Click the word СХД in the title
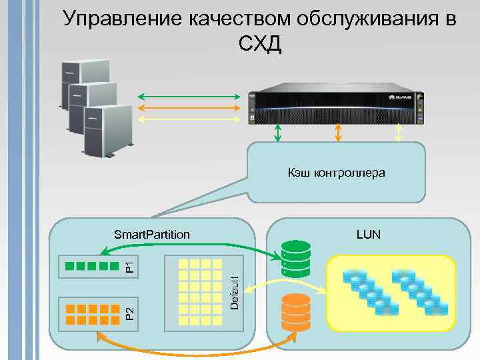click(x=259, y=45)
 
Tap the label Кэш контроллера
click(x=337, y=173)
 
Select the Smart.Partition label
click(x=152, y=235)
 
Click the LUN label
click(x=368, y=235)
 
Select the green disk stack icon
click(x=296, y=259)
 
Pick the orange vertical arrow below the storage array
click(x=338, y=133)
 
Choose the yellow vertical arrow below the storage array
click(x=399, y=133)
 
